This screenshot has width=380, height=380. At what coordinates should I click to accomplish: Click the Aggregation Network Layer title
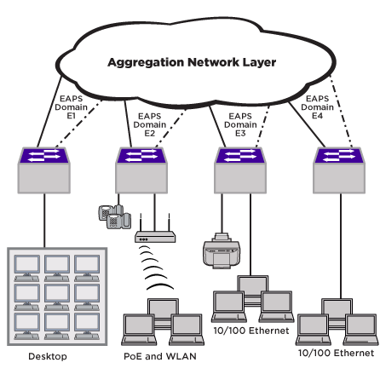pyautogui.click(x=192, y=63)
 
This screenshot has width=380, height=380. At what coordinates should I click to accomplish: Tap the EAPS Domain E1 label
pyautogui.click(x=71, y=107)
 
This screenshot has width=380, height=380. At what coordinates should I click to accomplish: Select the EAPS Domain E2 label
pyautogui.click(x=150, y=124)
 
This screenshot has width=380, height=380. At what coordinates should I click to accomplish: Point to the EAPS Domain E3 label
pyautogui.click(x=240, y=124)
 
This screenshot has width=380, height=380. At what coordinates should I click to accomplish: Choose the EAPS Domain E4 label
pyautogui.click(x=317, y=107)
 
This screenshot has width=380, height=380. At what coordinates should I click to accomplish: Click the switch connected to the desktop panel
pyautogui.click(x=44, y=170)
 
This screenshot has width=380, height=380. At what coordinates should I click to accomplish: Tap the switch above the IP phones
pyautogui.click(x=141, y=170)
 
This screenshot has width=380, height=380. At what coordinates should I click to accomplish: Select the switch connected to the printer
pyautogui.click(x=240, y=170)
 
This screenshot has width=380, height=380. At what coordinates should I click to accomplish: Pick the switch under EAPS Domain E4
pyautogui.click(x=339, y=170)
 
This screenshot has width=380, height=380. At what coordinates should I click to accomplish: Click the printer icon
pyautogui.click(x=222, y=250)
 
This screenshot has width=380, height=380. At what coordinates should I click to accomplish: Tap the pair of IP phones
pyautogui.click(x=115, y=216)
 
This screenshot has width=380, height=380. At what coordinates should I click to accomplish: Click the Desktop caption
pyautogui.click(x=48, y=356)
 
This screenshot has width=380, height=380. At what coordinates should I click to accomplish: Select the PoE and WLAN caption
pyautogui.click(x=160, y=356)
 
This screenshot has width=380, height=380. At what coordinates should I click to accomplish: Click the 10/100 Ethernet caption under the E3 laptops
pyautogui.click(x=251, y=331)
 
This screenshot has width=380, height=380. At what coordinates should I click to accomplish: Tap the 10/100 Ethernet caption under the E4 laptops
pyautogui.click(x=336, y=353)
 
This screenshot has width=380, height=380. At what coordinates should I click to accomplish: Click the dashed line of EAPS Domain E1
pyautogui.click(x=78, y=124)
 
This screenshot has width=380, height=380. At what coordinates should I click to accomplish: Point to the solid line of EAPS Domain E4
pyautogui.click(x=307, y=124)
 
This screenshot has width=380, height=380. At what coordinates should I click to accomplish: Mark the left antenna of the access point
pyautogui.click(x=141, y=222)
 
